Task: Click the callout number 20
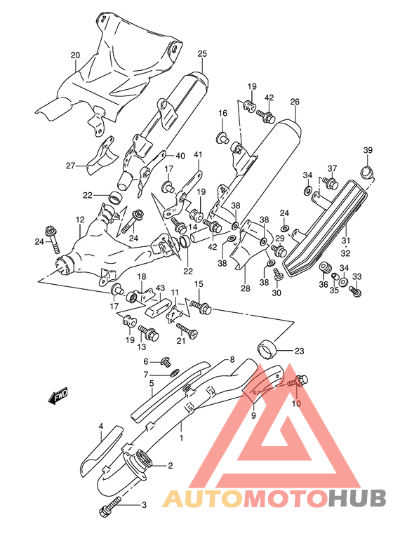click(75, 55)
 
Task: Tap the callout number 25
click(202, 54)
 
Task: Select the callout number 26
click(295, 102)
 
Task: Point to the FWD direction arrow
click(57, 398)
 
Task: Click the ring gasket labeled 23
click(266, 347)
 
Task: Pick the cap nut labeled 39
click(366, 170)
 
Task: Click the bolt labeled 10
click(301, 381)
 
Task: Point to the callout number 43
click(160, 288)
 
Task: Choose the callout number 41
click(198, 155)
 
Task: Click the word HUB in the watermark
click(358, 497)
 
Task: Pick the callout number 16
click(222, 113)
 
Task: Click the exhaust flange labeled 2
click(143, 463)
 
